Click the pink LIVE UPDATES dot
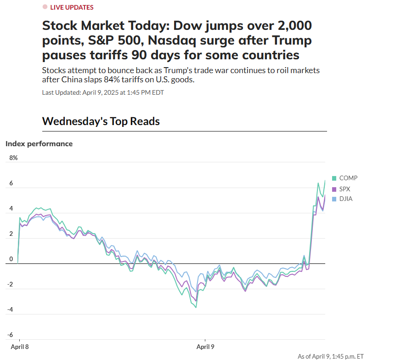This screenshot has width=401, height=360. tap(45, 7)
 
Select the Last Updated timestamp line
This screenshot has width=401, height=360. tap(103, 92)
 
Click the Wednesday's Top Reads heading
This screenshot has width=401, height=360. tap(101, 121)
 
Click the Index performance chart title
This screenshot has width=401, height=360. tap(39, 143)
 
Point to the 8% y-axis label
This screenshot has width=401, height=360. tap(13, 158)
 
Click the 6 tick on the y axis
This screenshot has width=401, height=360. tap(11, 183)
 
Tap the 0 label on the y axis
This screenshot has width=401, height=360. tap(11, 259)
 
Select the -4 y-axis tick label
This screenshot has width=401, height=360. tap(10, 310)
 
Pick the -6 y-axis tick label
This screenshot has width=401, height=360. tap(10, 335)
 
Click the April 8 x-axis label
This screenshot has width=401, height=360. tap(20, 347)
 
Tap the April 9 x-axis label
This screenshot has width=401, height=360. tap(205, 347)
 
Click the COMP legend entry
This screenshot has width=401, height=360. tap(348, 178)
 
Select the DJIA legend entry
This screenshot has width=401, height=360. tap(346, 199)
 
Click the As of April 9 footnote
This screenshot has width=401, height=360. tap(331, 356)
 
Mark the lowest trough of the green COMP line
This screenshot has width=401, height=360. tap(196, 307)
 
